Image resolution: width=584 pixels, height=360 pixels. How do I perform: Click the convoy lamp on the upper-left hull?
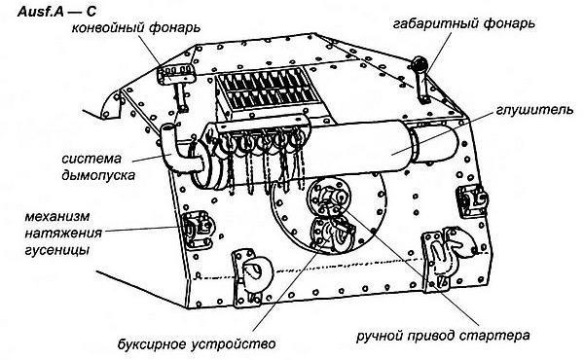click(x=178, y=78)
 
